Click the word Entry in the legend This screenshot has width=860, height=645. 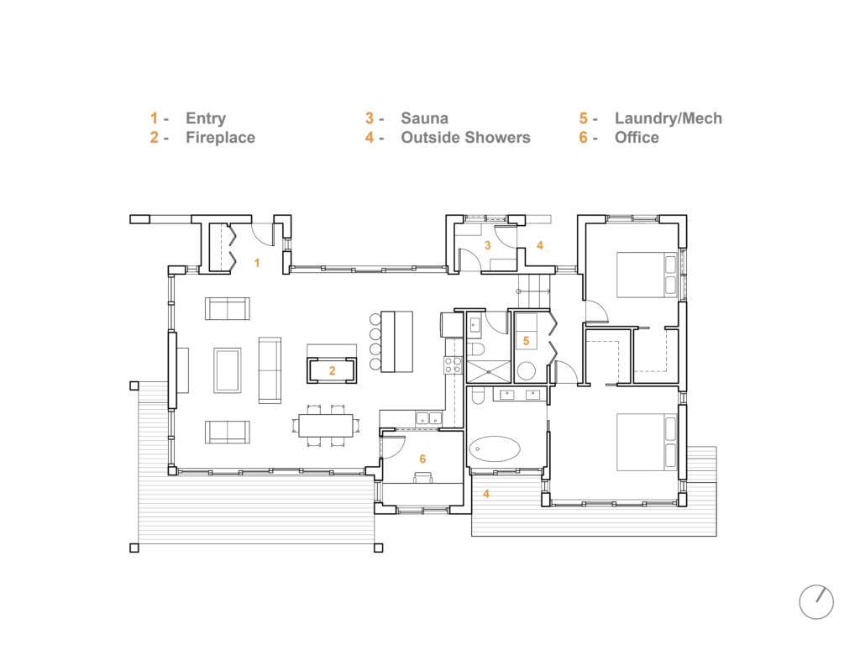coord(206,118)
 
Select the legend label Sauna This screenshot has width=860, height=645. coord(424,118)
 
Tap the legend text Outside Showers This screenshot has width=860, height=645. coord(465,138)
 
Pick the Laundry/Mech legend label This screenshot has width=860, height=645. coord(668,118)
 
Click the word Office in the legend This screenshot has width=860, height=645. coord(637,138)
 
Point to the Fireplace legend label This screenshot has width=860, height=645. coord(221,138)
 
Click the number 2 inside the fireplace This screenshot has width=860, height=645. coord(332,371)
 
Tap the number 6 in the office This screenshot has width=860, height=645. coord(422,459)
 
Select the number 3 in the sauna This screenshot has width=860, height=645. coord(488,245)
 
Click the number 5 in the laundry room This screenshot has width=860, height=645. coord(526,341)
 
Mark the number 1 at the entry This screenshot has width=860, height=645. coord(257,263)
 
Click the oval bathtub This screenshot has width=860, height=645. coord(495,449)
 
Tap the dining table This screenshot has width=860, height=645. coord(326,426)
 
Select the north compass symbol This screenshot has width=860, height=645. coord(816,601)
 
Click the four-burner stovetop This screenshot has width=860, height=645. coord(453,365)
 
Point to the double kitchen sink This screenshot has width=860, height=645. coord(429,419)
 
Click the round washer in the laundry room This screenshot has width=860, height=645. coord(526,371)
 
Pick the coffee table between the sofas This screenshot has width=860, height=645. coord(227,370)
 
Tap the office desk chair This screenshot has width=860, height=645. coord(423,478)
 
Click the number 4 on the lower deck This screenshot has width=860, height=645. coord(486,494)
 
